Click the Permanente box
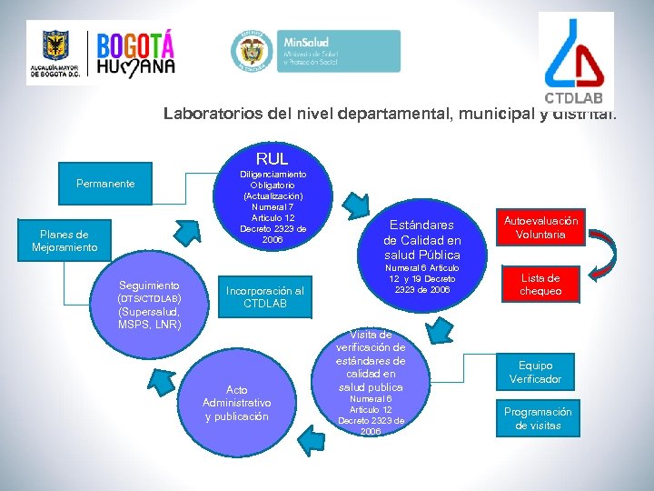(105, 184)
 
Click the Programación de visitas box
(539, 418)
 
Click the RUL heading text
(272, 159)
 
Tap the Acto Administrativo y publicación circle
(237, 403)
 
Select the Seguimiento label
(149, 285)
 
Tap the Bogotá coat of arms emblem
(55, 47)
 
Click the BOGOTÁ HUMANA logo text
(135, 55)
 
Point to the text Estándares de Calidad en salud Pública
(421, 239)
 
